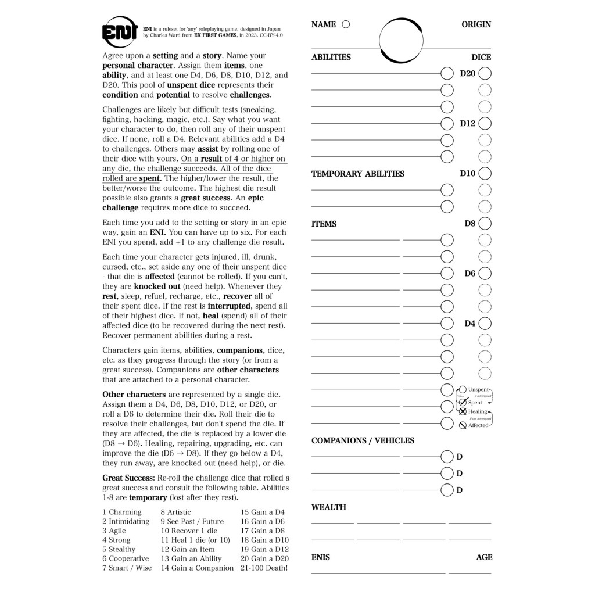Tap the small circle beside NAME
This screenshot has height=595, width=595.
pyautogui.click(x=346, y=24)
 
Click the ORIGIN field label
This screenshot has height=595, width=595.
pyautogui.click(x=476, y=24)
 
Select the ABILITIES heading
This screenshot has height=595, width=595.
pyautogui.click(x=331, y=57)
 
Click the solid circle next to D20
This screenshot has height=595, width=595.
pyautogui.click(x=485, y=74)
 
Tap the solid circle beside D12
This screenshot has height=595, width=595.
pyautogui.click(x=485, y=124)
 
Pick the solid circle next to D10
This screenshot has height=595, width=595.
pyautogui.click(x=485, y=173)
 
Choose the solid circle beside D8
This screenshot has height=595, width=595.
pyautogui.click(x=485, y=223)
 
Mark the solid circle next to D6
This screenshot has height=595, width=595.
pyautogui.click(x=485, y=273)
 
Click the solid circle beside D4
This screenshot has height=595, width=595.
pyautogui.click(x=485, y=323)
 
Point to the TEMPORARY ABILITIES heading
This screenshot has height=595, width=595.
pyautogui.click(x=358, y=174)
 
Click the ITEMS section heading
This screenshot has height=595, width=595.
pyautogui.click(x=324, y=224)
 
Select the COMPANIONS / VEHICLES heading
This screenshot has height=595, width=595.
pyautogui.click(x=363, y=440)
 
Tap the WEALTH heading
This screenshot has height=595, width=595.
pyautogui.click(x=328, y=507)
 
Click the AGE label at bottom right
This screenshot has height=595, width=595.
pyautogui.click(x=484, y=557)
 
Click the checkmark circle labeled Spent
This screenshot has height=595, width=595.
pyautogui.click(x=463, y=402)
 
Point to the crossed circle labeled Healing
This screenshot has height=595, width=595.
pyautogui.click(x=463, y=412)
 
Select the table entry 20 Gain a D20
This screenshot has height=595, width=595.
pyautogui.click(x=264, y=558)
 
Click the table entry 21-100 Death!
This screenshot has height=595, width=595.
pyautogui.click(x=264, y=568)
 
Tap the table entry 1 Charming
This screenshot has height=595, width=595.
pyautogui.click(x=122, y=512)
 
